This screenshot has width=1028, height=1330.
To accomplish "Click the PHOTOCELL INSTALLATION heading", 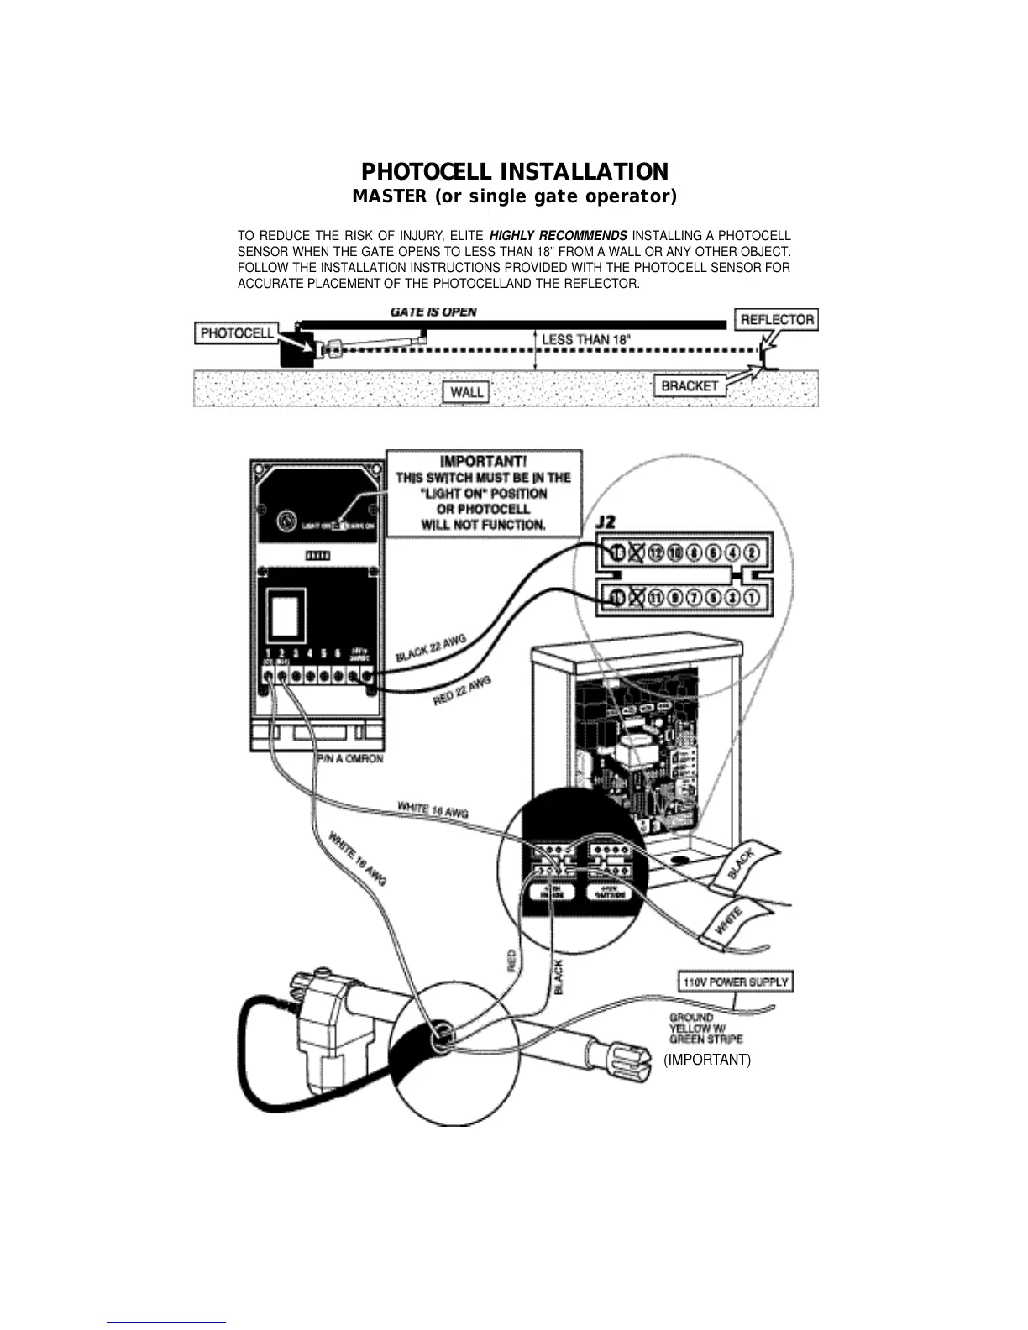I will click(514, 172).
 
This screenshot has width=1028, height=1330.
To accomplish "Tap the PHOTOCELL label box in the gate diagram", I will click(238, 333).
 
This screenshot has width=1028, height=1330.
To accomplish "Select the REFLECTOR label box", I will click(777, 319).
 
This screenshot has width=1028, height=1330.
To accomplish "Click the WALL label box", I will click(466, 391).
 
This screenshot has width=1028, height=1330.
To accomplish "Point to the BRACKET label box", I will click(690, 385).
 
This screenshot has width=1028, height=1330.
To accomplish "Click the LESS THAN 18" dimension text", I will click(586, 339).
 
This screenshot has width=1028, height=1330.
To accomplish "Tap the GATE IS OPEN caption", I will click(433, 312).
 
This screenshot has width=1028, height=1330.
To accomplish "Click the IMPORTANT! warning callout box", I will click(483, 493).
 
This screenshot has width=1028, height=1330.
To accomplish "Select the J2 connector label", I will click(606, 523).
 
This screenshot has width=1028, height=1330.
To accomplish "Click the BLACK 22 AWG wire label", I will click(431, 647).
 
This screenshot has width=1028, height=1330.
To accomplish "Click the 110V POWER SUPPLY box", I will click(735, 982).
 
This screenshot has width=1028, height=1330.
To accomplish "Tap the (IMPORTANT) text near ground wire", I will click(707, 1060).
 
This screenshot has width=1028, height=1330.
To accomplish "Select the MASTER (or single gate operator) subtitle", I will click(514, 196).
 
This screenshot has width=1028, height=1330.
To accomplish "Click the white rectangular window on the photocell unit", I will click(286, 615).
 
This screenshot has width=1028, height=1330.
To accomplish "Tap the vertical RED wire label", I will click(511, 961).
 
